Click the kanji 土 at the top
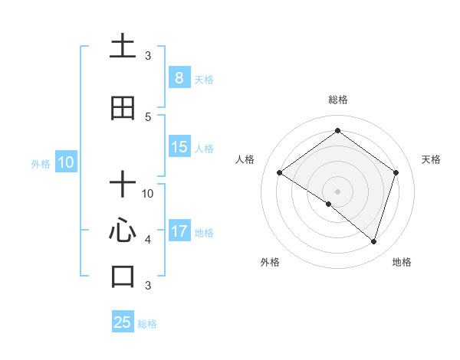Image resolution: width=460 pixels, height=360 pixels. pyautogui.click(x=123, y=47)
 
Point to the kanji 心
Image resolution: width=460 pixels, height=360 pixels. pyautogui.click(x=123, y=231)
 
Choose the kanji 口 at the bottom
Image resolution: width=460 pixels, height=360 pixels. pyautogui.click(x=123, y=277)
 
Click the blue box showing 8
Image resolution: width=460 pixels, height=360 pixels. pyautogui.click(x=179, y=78)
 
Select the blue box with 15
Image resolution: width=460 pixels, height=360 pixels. pyautogui.click(x=179, y=147)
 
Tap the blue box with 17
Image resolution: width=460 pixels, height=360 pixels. pyautogui.click(x=179, y=231)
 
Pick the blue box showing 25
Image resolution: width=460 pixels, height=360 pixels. pyautogui.click(x=123, y=322)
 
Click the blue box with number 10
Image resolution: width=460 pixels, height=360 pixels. pyautogui.click(x=65, y=162)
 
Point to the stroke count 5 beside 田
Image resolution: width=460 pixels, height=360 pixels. pyautogui.click(x=148, y=116)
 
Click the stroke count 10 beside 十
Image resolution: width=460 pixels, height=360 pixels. pyautogui.click(x=148, y=193)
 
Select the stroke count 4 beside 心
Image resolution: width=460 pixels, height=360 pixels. pyautogui.click(x=148, y=239)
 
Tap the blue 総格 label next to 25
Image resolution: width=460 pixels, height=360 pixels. pyautogui.click(x=147, y=324)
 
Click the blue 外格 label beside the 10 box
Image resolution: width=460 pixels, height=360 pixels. pyautogui.click(x=41, y=163)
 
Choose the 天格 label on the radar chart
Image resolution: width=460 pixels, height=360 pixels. pyautogui.click(x=432, y=159)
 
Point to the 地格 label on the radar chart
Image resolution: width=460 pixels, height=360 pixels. pyautogui.click(x=402, y=262)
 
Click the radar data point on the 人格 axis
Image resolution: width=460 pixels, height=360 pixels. pyautogui.click(x=280, y=173)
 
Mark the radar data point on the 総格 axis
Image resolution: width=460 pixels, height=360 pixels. pyautogui.click(x=337, y=131)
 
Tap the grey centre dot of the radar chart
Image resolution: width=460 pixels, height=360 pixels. pyautogui.click(x=337, y=191)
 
